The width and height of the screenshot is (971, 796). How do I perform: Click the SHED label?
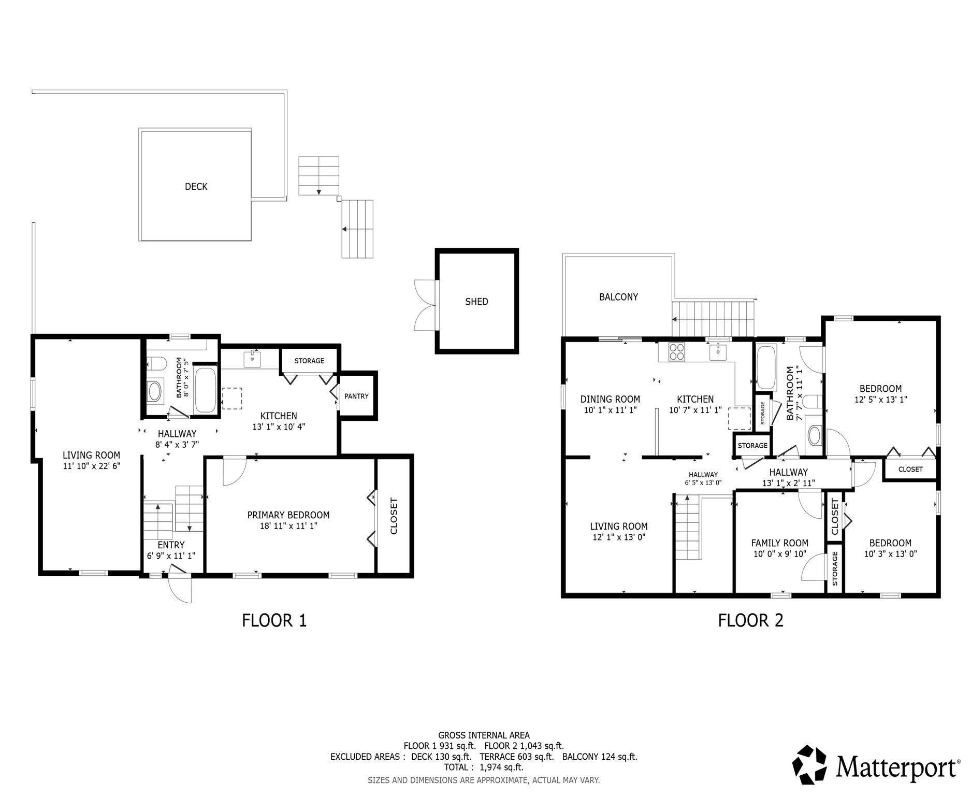pos(476,302)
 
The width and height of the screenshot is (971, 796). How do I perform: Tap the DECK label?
pos(196,187)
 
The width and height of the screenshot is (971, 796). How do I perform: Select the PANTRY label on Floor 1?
pos(357,396)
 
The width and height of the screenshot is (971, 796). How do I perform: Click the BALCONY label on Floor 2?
pos(618,297)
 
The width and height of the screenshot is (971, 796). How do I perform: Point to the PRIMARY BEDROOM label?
pos(288,515)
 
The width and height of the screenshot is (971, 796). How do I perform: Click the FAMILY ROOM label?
pos(780,543)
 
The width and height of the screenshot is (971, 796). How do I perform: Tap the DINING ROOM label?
pos(610,399)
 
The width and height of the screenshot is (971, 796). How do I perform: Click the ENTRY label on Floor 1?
pos(171,545)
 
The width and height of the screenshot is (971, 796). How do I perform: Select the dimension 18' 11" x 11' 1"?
pos(288,526)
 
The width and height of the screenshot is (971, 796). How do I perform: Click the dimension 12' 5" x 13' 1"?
pos(881,400)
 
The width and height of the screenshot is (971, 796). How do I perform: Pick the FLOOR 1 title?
pos(274,620)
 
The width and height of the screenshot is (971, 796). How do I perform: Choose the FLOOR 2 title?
pos(751,620)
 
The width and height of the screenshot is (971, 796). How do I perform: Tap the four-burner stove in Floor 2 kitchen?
pos(676,352)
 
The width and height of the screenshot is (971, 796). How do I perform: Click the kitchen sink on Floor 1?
pos(252,359)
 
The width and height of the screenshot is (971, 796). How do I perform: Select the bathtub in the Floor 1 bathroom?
pos(206,390)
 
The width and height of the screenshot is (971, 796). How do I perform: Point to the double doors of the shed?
pos(426,305)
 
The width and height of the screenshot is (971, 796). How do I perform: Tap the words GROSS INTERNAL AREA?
pos(484,735)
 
